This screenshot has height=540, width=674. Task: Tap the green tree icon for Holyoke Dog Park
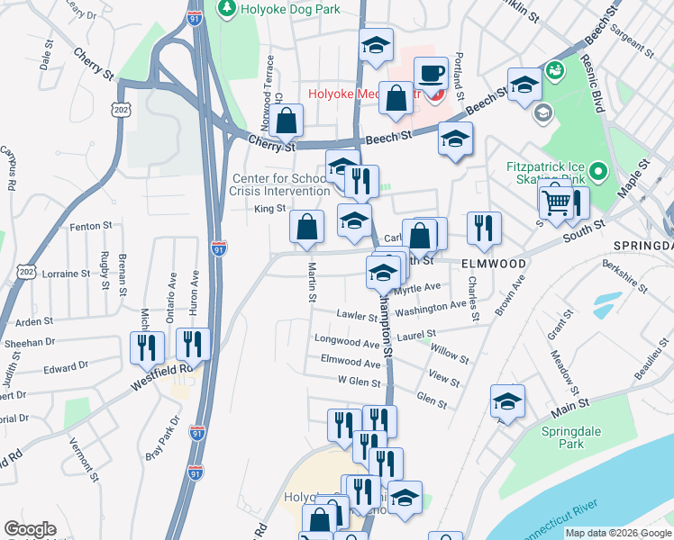tap(226, 9)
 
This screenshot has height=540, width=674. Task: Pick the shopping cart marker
tap(557, 203)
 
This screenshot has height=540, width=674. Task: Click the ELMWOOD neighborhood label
tap(494, 264)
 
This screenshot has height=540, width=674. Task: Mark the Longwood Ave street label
tap(347, 342)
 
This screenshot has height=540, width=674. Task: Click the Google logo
tap(30, 530)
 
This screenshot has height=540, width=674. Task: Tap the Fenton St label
tap(90, 226)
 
